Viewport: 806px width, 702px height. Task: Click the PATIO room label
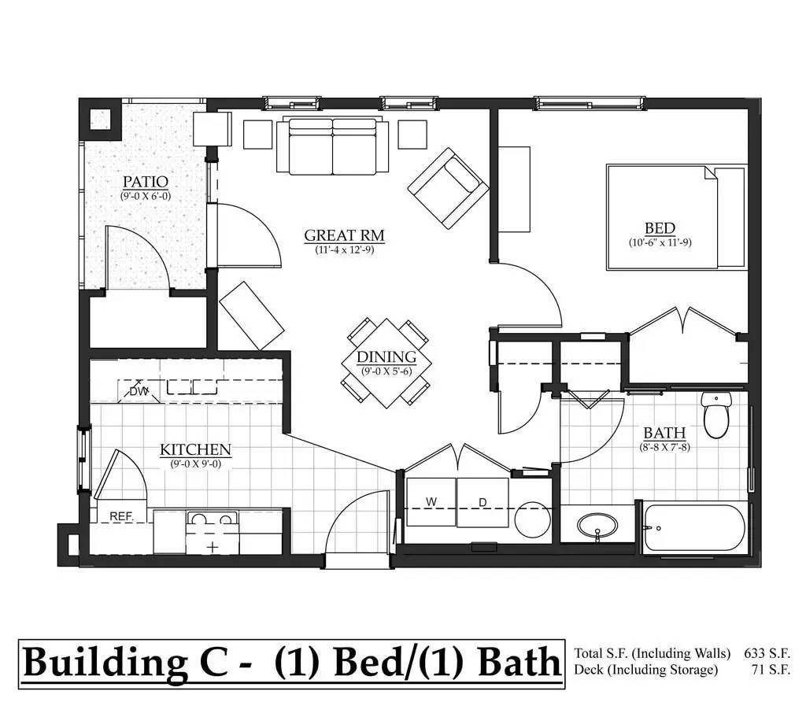[146, 182]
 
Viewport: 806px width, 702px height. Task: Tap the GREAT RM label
[345, 235]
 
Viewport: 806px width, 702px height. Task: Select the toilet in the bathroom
[716, 415]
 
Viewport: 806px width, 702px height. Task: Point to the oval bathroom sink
[597, 526]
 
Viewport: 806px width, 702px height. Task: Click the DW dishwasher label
[139, 392]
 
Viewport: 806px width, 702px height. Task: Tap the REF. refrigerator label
[122, 516]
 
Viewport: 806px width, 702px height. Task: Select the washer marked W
[431, 502]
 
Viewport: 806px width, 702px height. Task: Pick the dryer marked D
[482, 502]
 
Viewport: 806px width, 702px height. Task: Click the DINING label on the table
[386, 357]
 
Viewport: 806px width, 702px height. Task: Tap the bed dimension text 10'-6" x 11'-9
[660, 242]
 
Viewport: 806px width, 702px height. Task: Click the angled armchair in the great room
[448, 189]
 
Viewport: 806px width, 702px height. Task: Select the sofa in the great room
[333, 146]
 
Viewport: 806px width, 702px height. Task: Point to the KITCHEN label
[195, 449]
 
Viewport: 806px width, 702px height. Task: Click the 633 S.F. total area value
[767, 653]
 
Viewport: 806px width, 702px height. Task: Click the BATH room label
[664, 433]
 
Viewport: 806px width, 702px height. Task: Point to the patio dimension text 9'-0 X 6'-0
[146, 196]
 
